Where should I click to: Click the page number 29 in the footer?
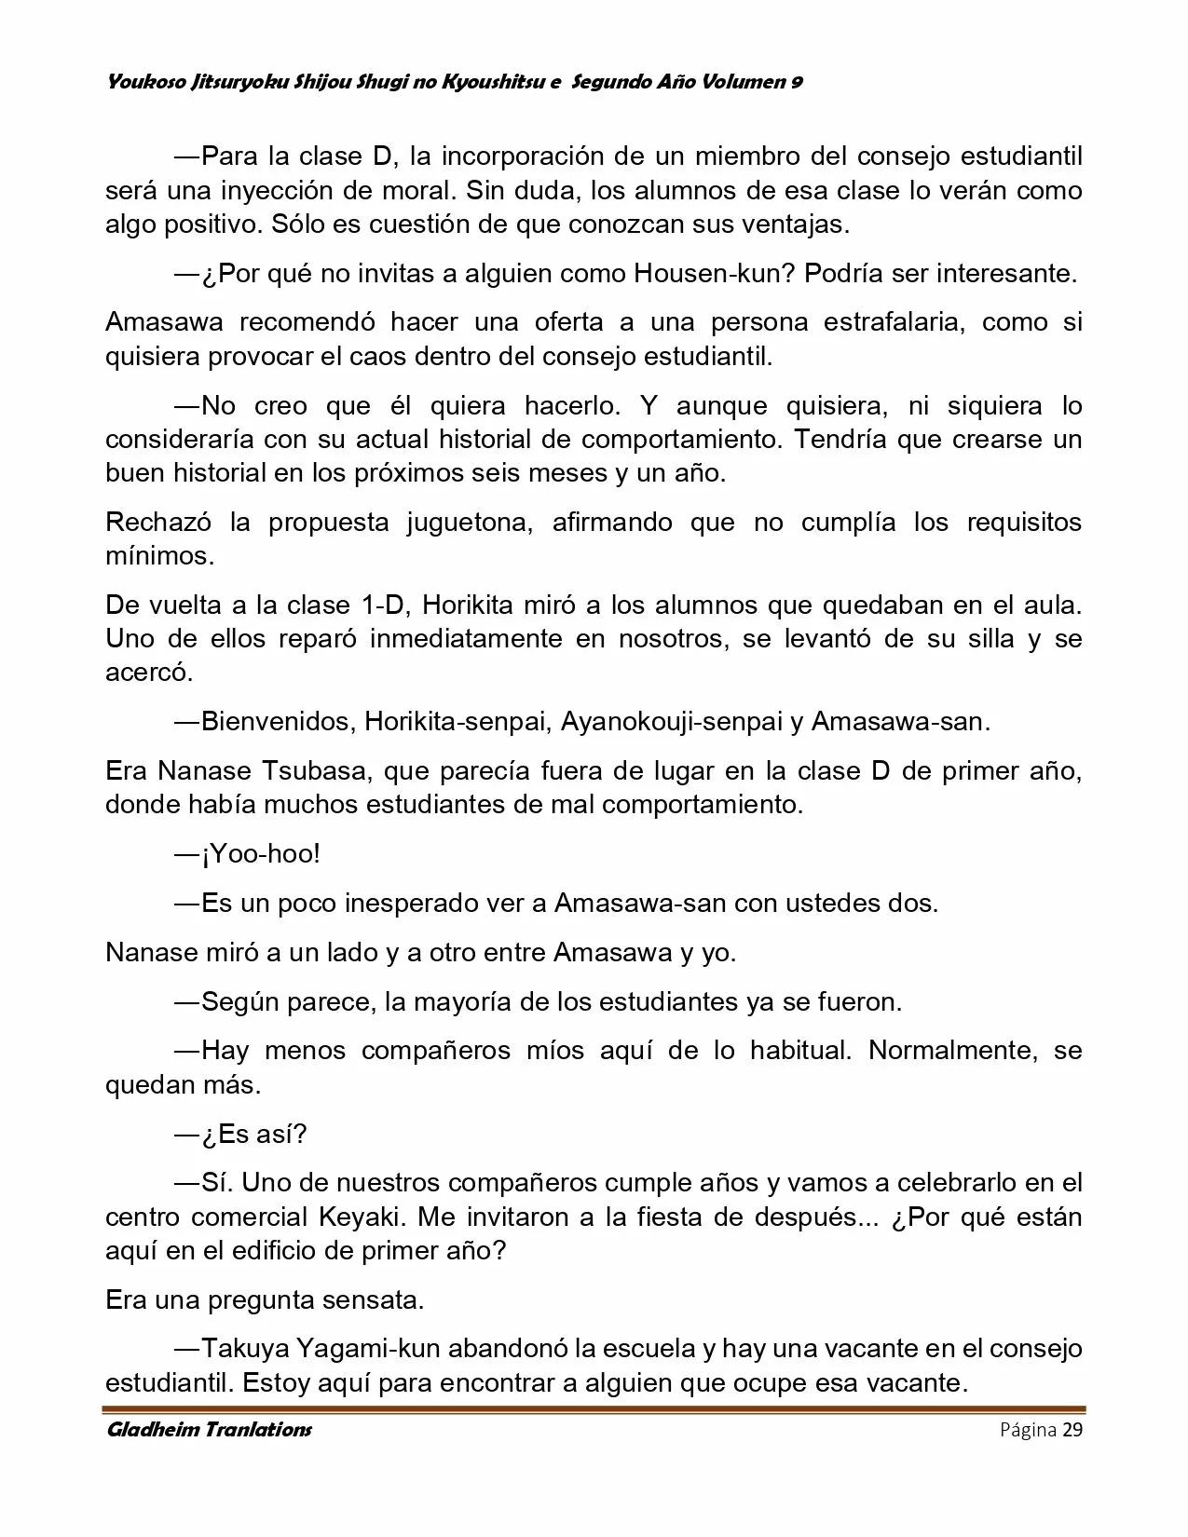click(1072, 1430)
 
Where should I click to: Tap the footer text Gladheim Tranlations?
click(209, 1430)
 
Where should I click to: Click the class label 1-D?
click(380, 605)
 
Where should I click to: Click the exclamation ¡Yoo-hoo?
click(260, 854)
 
